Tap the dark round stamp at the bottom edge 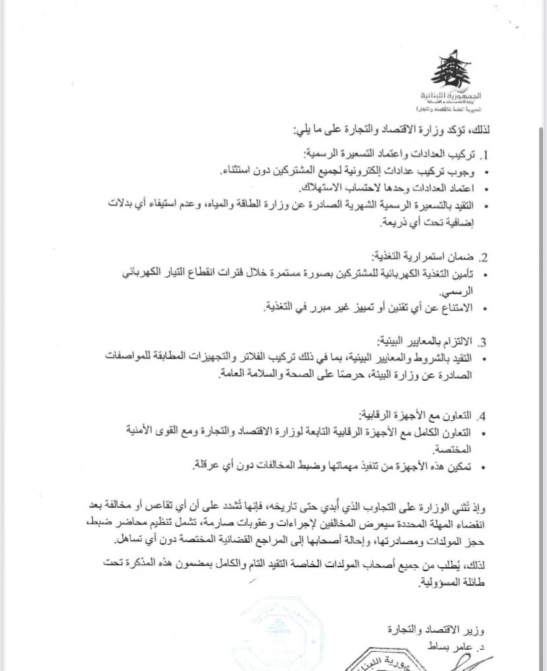(x=369, y=661)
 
